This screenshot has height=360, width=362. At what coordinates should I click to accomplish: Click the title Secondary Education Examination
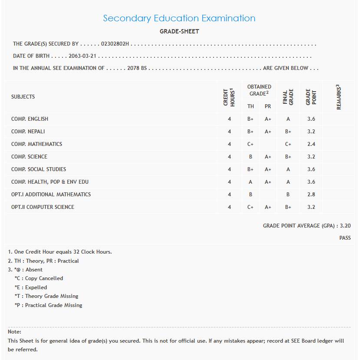[179, 18]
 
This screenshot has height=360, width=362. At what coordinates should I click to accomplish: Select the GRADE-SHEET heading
[179, 32]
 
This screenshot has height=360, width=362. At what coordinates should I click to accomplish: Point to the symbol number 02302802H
[115, 44]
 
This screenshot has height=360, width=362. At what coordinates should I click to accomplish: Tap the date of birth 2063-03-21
[82, 56]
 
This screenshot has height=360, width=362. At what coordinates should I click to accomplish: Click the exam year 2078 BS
[137, 68]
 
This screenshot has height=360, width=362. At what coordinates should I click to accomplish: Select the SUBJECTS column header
[23, 97]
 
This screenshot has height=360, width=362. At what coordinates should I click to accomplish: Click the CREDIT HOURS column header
[229, 97]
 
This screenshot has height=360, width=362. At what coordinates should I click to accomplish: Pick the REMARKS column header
[339, 97]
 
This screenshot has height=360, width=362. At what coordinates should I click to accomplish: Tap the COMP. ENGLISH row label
[30, 119]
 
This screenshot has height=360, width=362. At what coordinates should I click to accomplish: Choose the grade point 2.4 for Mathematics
[311, 144]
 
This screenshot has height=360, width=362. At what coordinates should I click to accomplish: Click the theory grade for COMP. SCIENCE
[250, 157]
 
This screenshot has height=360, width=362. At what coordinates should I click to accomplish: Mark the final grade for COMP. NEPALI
[288, 132]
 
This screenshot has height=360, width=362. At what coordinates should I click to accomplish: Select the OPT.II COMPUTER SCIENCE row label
[43, 207]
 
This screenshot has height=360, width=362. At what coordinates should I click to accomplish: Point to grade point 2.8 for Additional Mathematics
[311, 195]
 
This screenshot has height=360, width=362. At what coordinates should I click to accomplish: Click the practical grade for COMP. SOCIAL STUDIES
[268, 169]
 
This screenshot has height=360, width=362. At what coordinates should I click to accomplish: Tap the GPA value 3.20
[345, 226]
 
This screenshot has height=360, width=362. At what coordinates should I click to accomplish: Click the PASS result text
[345, 238]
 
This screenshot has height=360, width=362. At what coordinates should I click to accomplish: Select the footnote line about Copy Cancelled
[39, 278]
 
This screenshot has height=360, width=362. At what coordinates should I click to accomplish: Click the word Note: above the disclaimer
[14, 332]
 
